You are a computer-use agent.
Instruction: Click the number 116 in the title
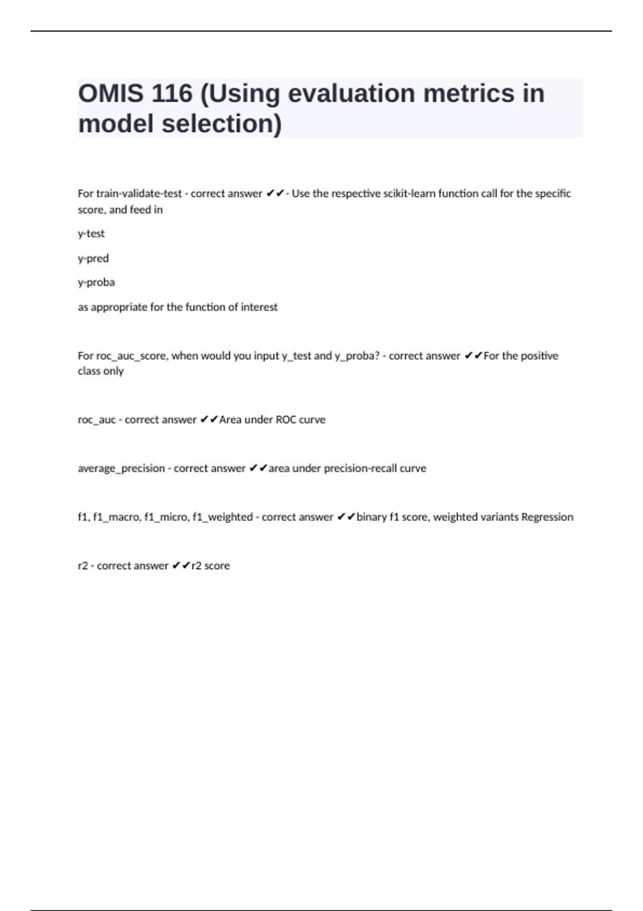172,94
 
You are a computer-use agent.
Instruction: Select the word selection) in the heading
222,124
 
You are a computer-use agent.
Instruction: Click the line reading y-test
91,234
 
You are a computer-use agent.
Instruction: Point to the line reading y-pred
93,258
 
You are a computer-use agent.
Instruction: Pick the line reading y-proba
96,282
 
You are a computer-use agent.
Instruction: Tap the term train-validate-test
139,193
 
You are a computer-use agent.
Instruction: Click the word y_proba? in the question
357,356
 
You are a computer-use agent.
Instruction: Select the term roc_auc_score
131,356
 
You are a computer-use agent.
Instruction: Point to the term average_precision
121,468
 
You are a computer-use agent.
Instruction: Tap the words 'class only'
101,371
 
